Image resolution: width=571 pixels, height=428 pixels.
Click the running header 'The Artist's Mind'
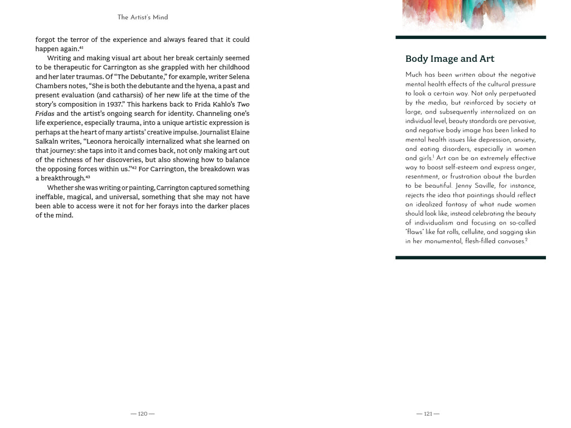click(142, 17)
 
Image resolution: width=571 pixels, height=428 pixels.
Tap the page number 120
click(142, 414)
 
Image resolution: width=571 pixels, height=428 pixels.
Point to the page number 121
click(428, 414)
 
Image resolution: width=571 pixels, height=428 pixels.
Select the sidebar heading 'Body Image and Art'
click(449, 59)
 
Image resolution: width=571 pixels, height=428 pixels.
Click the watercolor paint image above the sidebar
click(468, 14)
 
